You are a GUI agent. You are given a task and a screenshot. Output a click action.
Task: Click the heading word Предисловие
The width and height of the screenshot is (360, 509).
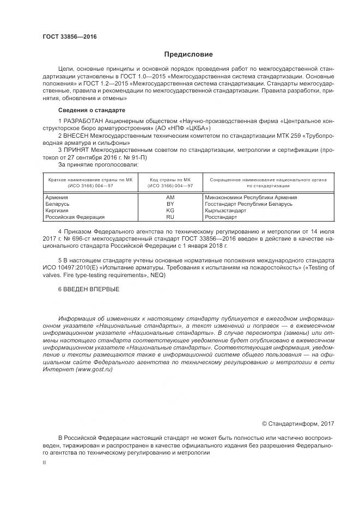pos(189,54)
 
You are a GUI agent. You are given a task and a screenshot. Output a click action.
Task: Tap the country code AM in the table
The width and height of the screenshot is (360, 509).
pos(170,197)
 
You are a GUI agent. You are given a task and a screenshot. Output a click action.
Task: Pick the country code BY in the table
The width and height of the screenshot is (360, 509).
pos(170,204)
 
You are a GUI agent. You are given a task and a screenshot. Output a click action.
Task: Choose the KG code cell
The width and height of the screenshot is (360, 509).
pos(170,210)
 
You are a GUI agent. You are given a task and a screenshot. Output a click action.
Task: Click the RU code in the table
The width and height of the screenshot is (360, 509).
pos(170,217)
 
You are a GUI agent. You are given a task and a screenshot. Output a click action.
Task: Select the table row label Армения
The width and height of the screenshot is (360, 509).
pos(57,197)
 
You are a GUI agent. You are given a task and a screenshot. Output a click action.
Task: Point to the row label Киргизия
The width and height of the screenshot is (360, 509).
pos(58,210)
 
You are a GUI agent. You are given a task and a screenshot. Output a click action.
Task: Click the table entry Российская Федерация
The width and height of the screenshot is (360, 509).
pos(75,217)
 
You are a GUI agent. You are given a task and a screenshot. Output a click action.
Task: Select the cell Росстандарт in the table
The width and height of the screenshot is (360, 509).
pos(221,217)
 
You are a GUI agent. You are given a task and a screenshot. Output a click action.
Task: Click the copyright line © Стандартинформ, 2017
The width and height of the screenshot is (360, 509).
pos(298,424)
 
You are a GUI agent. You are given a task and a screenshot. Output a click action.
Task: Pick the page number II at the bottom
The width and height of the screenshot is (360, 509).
pos(44,462)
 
